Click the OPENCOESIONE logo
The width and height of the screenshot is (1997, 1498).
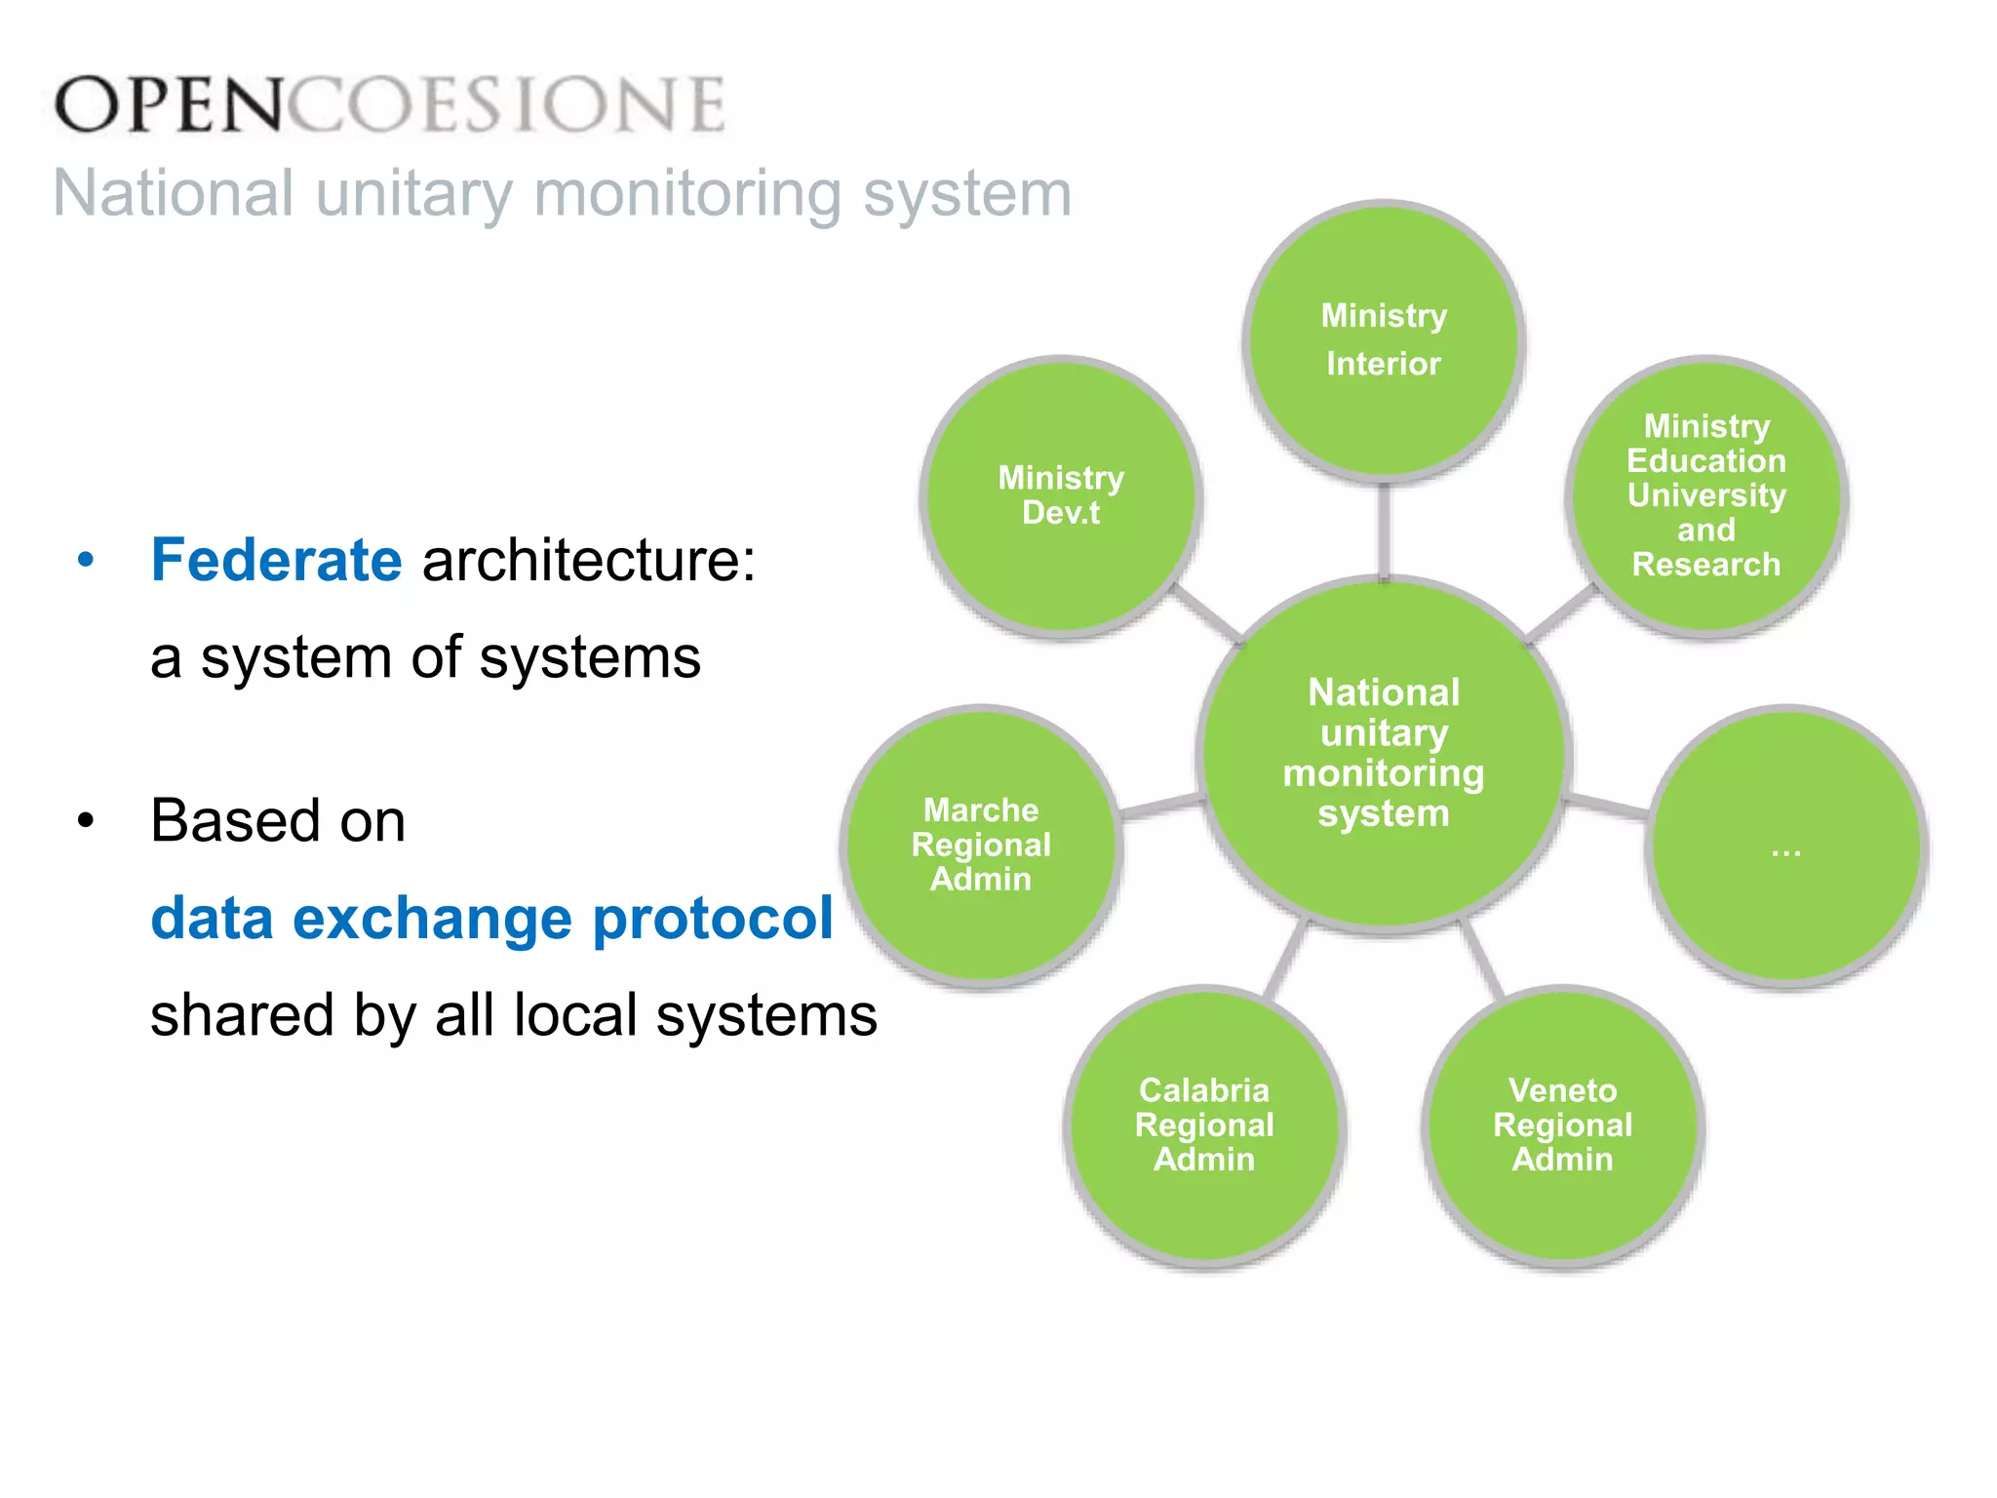390,104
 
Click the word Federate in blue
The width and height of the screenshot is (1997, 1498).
276,561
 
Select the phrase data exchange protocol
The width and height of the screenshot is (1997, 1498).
491,919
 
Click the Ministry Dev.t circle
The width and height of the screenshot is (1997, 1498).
1061,497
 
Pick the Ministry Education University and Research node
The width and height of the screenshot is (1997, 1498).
1706,496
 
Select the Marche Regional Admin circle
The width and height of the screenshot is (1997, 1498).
981,846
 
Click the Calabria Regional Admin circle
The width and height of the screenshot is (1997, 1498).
1204,1125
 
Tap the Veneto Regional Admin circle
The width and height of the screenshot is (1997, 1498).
1562,1125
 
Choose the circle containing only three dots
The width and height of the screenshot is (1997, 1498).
1786,846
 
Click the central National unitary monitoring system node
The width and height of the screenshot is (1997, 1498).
1384,753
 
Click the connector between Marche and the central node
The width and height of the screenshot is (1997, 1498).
1160,806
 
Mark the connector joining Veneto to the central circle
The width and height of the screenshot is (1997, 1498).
1482,960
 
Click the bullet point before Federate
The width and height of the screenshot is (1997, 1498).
86,561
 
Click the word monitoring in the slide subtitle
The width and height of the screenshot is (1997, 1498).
686,193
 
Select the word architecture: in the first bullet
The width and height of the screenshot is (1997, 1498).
588,561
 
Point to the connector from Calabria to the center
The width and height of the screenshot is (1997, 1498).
1285,960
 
